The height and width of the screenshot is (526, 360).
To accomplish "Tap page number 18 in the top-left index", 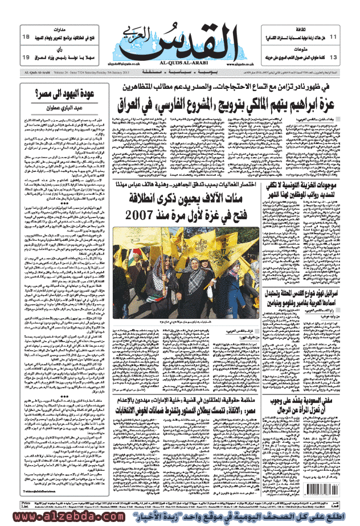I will tap(26, 36).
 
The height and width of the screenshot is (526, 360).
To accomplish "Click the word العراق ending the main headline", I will tap(143, 105).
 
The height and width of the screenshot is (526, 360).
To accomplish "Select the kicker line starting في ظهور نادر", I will tap(222, 88).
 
